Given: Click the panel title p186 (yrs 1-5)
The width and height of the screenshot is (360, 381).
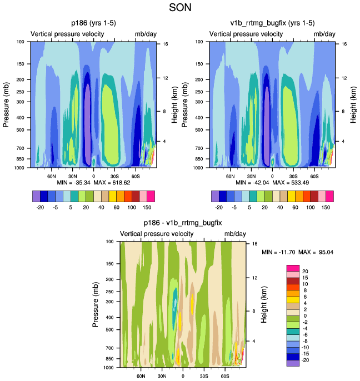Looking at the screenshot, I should coord(93,23).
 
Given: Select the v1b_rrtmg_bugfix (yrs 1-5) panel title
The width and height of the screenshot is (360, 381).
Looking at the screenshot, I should coord(272,23).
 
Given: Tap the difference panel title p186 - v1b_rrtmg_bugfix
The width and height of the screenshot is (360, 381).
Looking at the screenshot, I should coord(183,223).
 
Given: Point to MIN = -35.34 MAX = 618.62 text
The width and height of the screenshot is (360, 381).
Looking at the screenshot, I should coord(93,182).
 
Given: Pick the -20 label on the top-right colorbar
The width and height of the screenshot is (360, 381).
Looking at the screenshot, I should coord(218,206).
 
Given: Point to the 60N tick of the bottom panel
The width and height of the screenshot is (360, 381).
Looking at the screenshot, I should coord(141,376).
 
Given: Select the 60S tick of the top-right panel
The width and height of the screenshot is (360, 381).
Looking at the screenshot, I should coord(314,176).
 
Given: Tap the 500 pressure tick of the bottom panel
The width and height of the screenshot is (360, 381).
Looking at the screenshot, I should coord(108,330).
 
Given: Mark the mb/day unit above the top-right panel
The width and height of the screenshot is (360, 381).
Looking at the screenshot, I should coord(324,34).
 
